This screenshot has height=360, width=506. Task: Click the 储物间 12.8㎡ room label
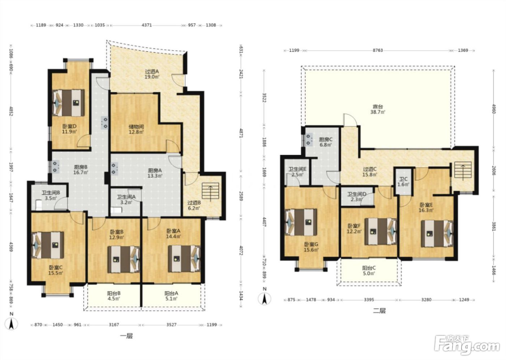point(136,129)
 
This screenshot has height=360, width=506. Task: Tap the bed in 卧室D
point(68,103)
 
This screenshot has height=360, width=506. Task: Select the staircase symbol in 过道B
point(210,191)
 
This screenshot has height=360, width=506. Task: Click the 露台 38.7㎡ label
point(378,109)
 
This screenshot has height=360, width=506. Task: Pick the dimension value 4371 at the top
point(147,25)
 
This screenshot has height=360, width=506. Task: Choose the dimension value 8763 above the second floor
point(378,50)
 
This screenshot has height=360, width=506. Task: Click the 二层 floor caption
point(379,311)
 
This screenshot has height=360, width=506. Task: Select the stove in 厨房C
point(309,140)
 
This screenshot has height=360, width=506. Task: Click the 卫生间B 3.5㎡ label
point(51,196)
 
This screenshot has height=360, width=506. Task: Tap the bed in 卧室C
point(48,245)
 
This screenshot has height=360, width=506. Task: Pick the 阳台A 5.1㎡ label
point(171,296)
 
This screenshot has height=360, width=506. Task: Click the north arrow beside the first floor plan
point(11,321)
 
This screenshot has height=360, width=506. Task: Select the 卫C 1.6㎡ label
point(403,181)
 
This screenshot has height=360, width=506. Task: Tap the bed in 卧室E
point(437,233)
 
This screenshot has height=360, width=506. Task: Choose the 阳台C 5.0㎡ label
point(369,271)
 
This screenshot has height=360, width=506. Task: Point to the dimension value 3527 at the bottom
point(171,325)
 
